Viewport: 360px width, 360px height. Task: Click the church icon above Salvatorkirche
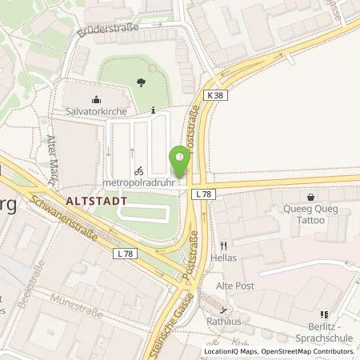point(97,101)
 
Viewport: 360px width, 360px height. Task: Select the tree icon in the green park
point(142,82)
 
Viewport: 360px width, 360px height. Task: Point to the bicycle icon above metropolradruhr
point(138,170)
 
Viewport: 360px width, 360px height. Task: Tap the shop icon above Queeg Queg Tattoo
point(311,196)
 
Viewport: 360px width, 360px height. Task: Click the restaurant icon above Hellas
point(225,246)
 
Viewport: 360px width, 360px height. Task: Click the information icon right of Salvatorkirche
point(153,110)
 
